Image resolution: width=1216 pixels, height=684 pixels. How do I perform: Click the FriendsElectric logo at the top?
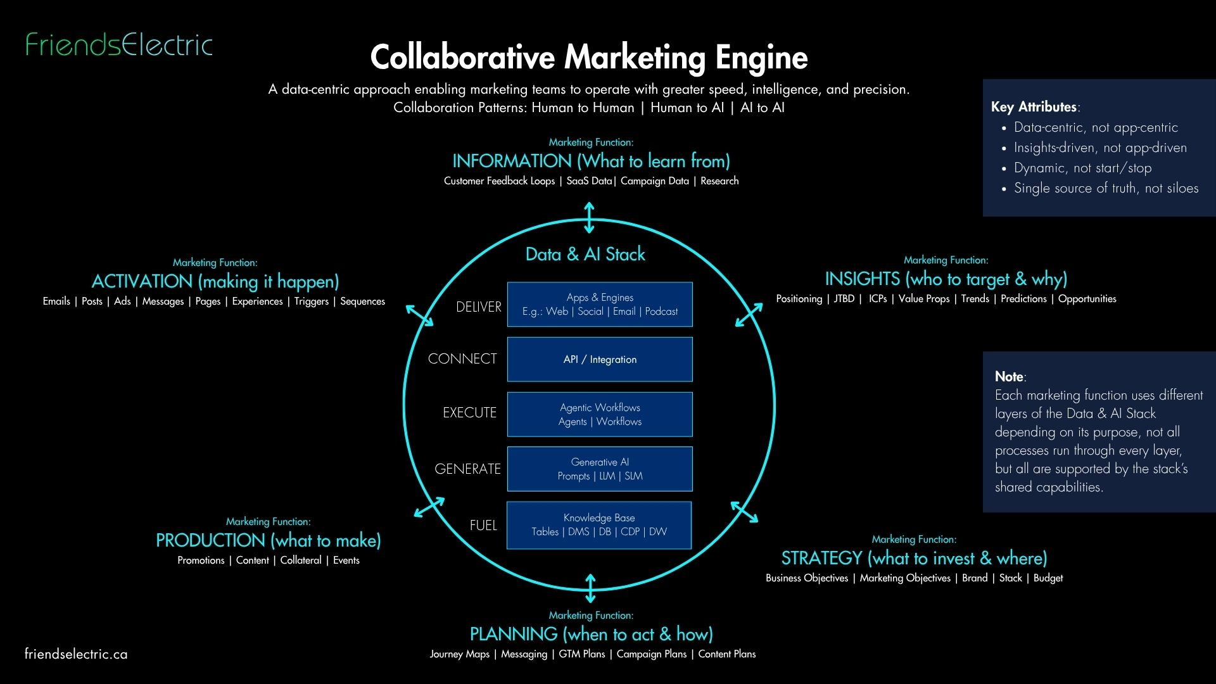click(119, 44)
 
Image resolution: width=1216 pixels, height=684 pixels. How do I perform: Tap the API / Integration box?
click(600, 359)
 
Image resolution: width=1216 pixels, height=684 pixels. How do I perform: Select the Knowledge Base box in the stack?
click(599, 525)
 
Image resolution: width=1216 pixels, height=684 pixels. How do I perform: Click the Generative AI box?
click(600, 469)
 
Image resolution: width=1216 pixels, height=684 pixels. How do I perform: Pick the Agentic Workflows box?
click(600, 414)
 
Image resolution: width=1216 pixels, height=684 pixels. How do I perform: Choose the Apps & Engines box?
click(600, 304)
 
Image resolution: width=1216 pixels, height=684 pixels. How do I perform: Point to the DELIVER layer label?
click(478, 307)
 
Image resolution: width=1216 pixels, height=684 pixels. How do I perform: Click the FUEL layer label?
click(483, 525)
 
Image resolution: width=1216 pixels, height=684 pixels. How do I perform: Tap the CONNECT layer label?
click(462, 358)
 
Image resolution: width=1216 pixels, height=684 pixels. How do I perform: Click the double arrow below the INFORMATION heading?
click(589, 217)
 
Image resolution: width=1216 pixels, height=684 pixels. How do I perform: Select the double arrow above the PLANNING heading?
click(590, 588)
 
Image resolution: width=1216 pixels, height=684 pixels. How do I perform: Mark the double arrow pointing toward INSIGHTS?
click(749, 315)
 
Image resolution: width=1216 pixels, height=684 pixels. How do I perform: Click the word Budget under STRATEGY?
click(1048, 578)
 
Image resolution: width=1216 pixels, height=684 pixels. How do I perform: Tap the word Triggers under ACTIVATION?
click(311, 301)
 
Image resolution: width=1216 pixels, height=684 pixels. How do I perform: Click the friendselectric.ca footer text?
click(76, 654)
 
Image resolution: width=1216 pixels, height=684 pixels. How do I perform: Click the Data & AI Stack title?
click(585, 254)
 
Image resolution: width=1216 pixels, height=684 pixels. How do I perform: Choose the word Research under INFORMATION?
click(719, 181)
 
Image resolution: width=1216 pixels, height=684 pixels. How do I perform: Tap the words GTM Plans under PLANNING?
click(581, 654)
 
